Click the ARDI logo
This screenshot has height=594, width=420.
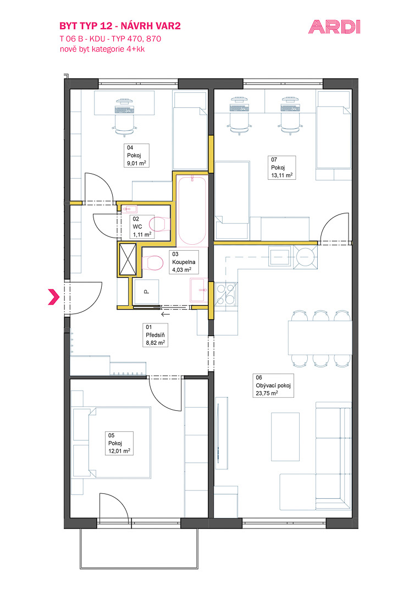click(x=334, y=27)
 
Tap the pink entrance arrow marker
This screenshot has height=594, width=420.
click(x=54, y=296)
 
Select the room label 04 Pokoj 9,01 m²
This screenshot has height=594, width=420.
click(x=136, y=156)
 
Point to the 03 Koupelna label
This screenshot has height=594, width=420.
click(x=184, y=262)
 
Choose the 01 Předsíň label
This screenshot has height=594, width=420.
click(x=155, y=335)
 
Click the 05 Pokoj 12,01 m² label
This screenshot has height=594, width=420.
click(x=119, y=443)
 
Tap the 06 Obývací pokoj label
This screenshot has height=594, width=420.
click(x=273, y=385)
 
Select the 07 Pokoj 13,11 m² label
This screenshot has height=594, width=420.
click(x=282, y=167)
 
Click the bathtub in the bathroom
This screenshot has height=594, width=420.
click(x=192, y=210)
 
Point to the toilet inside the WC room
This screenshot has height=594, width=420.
click(x=160, y=224)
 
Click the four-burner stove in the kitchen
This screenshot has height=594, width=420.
click(x=225, y=294)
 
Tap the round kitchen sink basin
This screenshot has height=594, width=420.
click(x=305, y=257)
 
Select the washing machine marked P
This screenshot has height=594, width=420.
click(x=146, y=291)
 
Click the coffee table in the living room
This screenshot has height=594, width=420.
click(x=285, y=436)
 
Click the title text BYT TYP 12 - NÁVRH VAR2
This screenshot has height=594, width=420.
click(x=120, y=26)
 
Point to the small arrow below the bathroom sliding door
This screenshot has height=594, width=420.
click(x=165, y=313)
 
